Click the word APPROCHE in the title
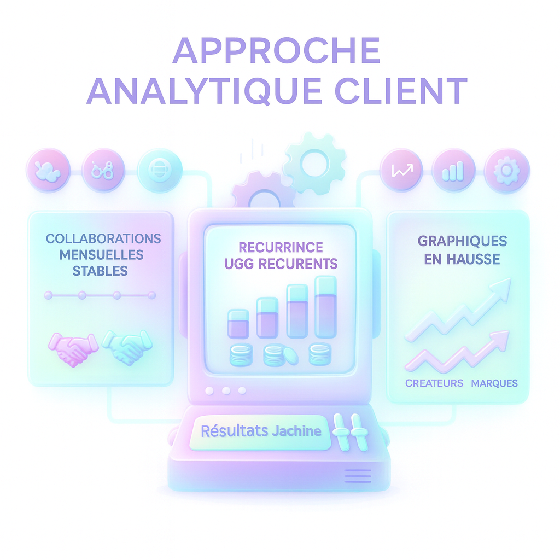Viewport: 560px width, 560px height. tap(276, 52)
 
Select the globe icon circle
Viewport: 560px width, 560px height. tap(159, 170)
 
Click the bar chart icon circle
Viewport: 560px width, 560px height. tap(453, 170)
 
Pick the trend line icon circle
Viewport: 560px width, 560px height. tap(402, 170)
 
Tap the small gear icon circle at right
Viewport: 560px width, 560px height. tap(507, 170)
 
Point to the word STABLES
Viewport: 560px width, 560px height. tap(100, 270)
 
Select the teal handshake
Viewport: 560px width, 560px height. tap(127, 347)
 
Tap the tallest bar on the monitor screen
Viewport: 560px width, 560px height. tap(325, 307)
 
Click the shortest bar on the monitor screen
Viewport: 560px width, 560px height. tap(238, 324)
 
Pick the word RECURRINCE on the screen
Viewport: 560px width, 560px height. tap(281, 248)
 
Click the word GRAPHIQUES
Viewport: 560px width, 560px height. tap(462, 241)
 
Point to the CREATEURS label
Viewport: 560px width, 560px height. tap(434, 383)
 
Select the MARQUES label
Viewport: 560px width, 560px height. tap(494, 383)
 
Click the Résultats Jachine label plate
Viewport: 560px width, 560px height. tap(261, 431)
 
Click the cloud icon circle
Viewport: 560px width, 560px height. tap(48, 170)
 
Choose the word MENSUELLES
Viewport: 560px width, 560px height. tap(101, 255)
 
